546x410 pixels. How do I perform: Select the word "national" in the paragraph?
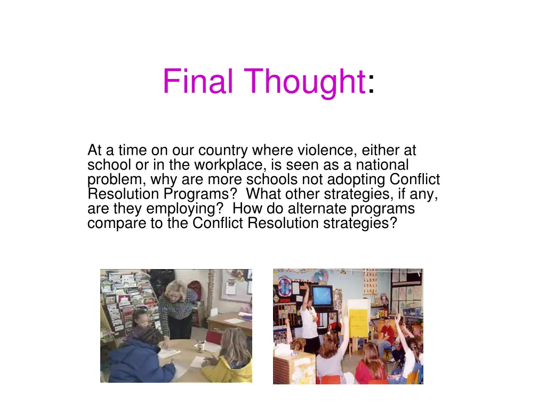point(382,165)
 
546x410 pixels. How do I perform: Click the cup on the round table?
point(199,346)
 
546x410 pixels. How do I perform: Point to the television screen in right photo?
point(322,295)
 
